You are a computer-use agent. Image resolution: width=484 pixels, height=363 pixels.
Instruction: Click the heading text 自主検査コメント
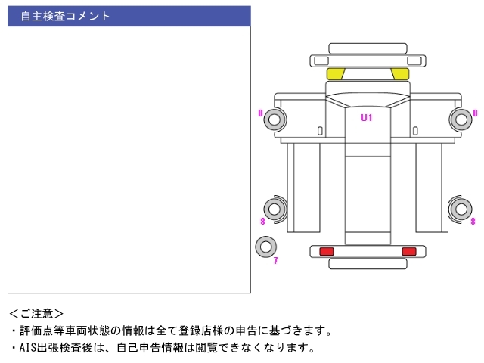[65, 16]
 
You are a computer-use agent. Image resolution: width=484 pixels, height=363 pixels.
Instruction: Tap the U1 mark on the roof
[367, 118]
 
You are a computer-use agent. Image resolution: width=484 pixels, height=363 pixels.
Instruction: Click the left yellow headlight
[336, 74]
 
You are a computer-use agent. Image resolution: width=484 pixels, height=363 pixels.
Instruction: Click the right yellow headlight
[400, 74]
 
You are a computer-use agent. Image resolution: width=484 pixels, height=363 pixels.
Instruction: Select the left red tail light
[327, 251]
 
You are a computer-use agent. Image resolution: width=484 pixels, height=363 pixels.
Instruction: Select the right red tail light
[409, 251]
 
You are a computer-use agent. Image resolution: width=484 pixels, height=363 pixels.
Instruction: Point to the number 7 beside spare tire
[275, 260]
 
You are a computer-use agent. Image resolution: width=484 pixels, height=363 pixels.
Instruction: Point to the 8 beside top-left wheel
[260, 113]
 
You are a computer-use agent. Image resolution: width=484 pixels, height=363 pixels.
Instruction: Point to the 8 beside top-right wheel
[475, 113]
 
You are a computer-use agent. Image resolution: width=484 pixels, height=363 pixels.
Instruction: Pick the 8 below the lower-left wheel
[262, 221]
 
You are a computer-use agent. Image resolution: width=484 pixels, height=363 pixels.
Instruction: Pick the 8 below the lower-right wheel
[473, 221]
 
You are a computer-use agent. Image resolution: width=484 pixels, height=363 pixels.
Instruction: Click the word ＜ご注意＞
[36, 314]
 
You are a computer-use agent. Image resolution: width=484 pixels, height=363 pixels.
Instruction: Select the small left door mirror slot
[320, 131]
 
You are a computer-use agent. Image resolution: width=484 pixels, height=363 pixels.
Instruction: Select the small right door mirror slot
[415, 131]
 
